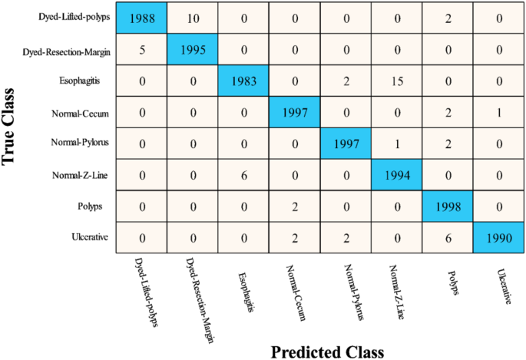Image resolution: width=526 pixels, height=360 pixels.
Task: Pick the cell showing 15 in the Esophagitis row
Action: pyautogui.click(x=397, y=81)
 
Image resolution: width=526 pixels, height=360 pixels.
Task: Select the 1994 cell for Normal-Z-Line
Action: pyautogui.click(x=397, y=173)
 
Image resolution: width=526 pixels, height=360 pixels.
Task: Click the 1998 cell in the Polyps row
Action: pyautogui.click(x=448, y=205)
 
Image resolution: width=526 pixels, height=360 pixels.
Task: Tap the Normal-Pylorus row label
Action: pyautogui.click(x=81, y=143)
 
